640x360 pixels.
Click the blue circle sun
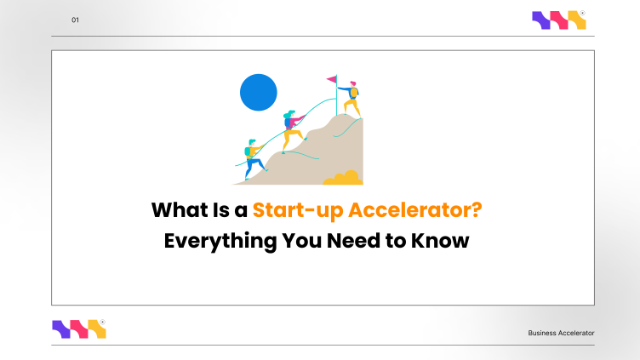[x=259, y=92]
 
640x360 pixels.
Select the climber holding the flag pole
[x=351, y=98]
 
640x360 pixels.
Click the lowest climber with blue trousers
[x=253, y=157]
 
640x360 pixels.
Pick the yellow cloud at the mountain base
[x=342, y=178]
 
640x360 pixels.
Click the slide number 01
[x=75, y=20]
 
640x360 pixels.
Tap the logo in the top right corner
[x=559, y=20]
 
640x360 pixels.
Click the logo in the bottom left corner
[x=79, y=329]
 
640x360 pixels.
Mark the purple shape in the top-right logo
[x=541, y=20]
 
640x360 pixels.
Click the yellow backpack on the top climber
[x=357, y=90]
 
